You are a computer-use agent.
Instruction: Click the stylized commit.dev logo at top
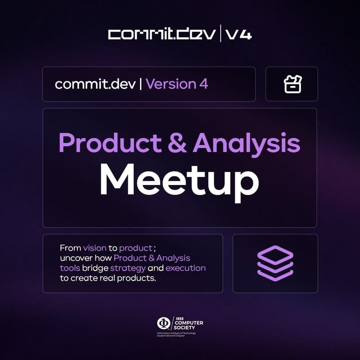point(162,35)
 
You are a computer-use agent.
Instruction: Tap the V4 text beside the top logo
point(238,35)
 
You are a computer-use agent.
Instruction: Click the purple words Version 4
point(177,84)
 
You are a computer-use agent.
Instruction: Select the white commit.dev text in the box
point(95,84)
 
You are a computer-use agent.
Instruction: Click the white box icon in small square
point(292,84)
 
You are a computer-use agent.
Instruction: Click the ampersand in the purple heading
point(177,143)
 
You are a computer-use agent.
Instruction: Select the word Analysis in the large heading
point(247,143)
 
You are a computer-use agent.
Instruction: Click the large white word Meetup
point(179,179)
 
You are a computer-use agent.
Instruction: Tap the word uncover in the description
point(74,258)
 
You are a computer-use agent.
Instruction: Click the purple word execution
point(185,268)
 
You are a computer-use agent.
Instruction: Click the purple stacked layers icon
point(275,263)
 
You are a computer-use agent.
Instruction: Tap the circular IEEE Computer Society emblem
point(162,323)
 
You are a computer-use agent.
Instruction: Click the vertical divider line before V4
point(220,35)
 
